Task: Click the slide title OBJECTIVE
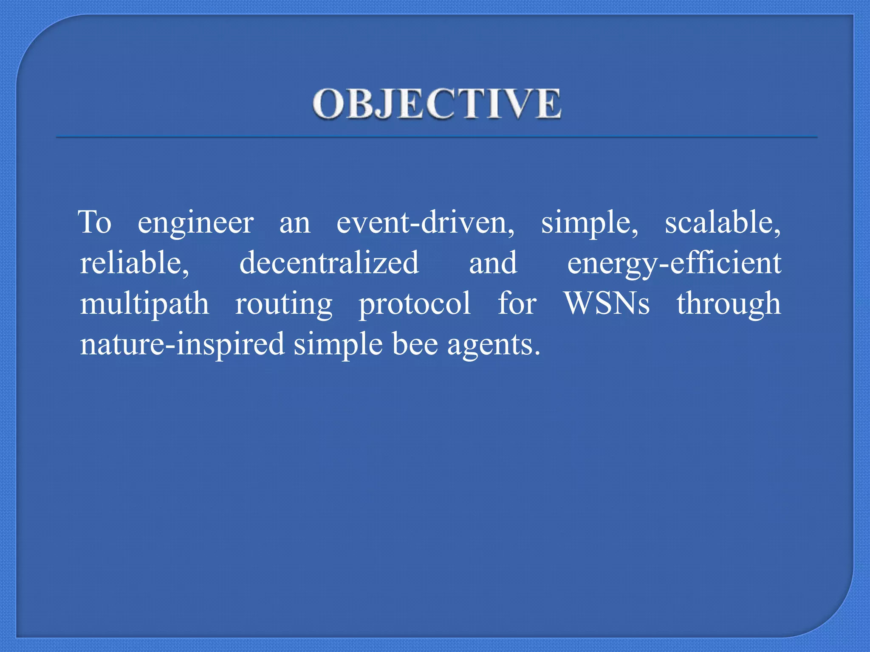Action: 437,104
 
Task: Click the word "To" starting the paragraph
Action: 95,222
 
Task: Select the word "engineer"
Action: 195,223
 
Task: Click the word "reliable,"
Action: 135,263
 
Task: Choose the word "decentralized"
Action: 329,263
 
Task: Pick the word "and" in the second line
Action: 493,263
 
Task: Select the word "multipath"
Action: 144,304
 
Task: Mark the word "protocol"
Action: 415,304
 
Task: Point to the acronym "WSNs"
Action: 607,304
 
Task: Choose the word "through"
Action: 729,304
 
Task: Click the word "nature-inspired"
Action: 182,344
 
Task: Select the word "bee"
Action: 415,343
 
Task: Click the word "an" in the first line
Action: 295,223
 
